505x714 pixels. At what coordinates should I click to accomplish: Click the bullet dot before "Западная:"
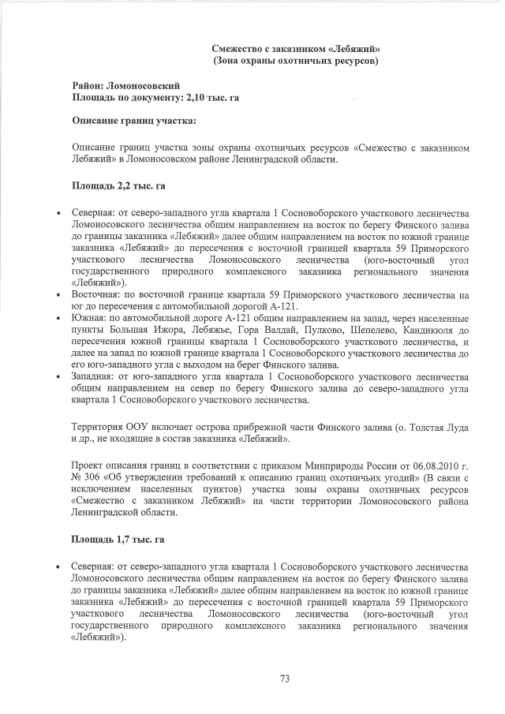58,377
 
